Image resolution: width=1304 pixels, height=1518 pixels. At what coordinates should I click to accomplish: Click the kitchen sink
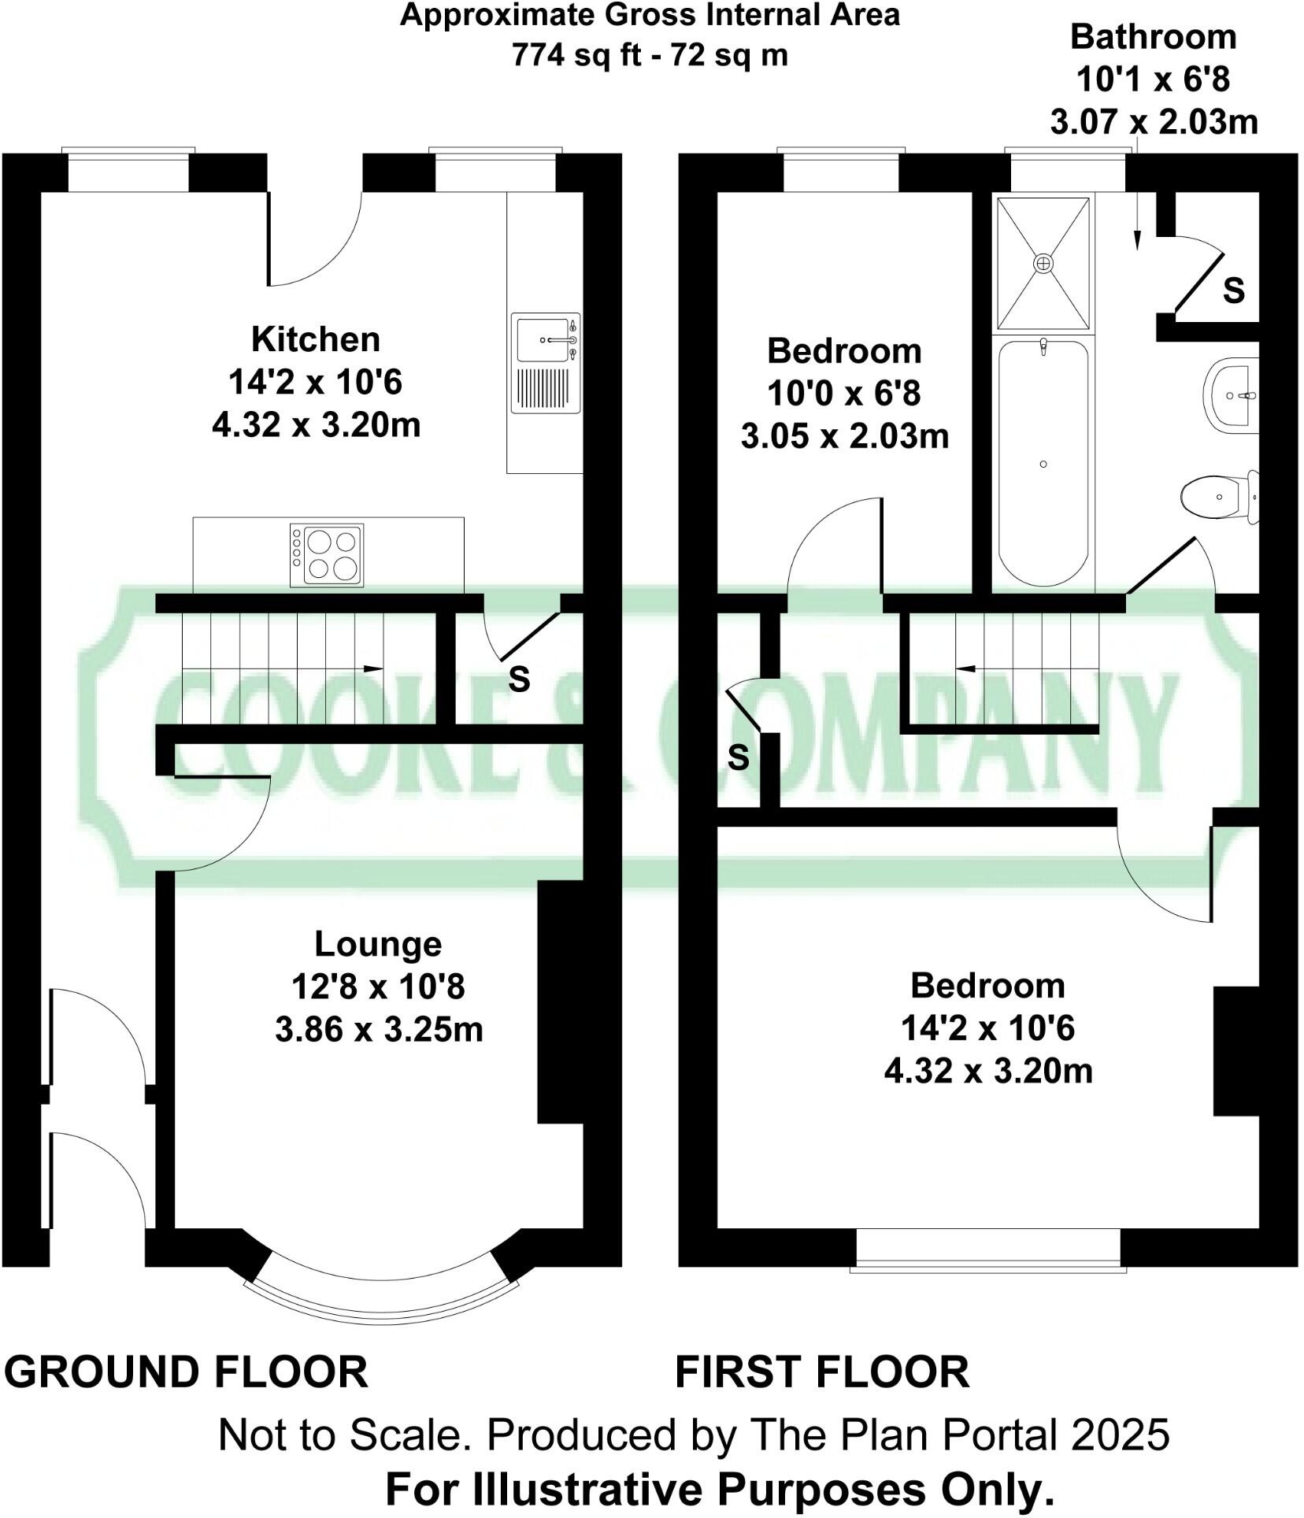tap(546, 362)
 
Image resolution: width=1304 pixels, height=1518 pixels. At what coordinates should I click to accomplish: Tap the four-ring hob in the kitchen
tap(327, 555)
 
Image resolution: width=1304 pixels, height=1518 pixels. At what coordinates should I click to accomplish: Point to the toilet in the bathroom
tap(1221, 497)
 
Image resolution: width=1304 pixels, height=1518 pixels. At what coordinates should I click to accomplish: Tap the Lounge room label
tap(378, 943)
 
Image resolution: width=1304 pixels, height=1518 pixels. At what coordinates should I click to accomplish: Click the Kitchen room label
tap(316, 339)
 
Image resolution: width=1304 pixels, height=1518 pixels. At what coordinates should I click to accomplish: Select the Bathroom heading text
tap(1153, 37)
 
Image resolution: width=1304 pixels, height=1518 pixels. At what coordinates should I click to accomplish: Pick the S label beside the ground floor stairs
tap(519, 679)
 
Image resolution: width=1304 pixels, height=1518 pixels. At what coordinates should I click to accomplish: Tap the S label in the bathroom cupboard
tap(1234, 291)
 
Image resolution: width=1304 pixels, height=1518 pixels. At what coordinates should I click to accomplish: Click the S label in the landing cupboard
tap(739, 757)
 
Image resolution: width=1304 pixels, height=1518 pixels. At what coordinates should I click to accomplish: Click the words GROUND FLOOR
tap(186, 1372)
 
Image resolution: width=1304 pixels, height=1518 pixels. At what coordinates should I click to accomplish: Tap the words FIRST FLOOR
tap(822, 1372)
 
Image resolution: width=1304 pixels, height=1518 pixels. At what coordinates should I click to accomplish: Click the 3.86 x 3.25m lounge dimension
tap(379, 1029)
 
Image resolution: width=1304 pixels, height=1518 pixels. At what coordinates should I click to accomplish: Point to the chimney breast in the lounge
tap(560, 1002)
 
